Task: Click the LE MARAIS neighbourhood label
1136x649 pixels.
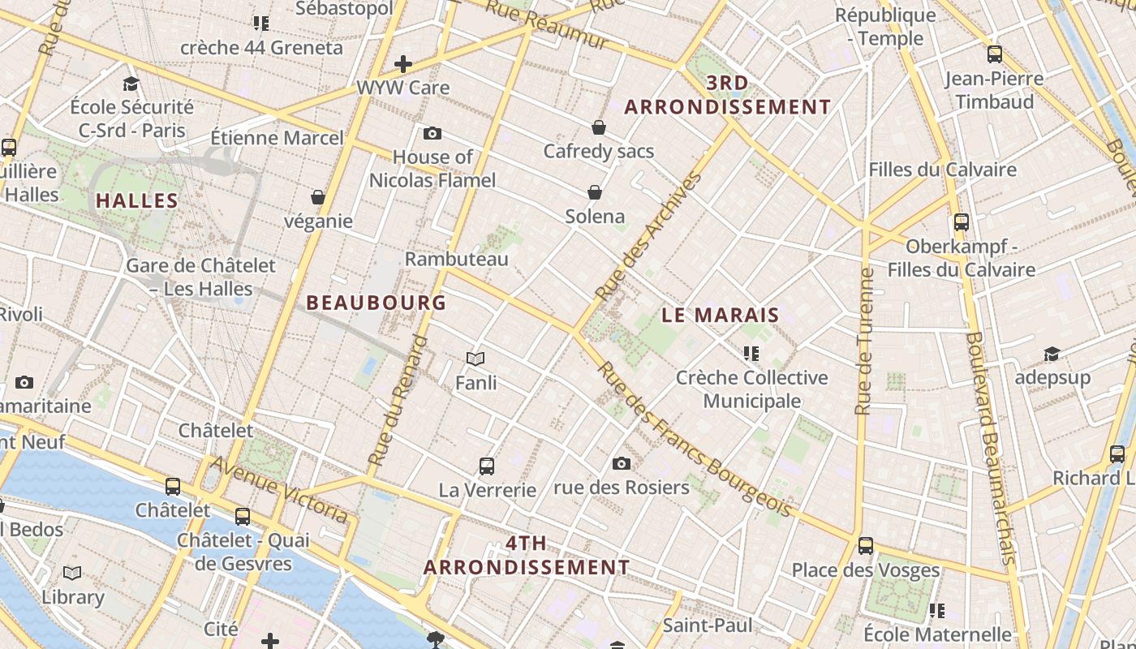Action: [721, 316]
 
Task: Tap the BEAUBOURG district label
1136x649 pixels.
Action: [377, 303]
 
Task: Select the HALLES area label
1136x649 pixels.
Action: [137, 201]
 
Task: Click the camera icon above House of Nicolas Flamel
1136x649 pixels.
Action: [432, 133]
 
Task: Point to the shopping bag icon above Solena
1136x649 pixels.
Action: [595, 192]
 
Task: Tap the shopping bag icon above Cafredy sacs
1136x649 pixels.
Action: [599, 127]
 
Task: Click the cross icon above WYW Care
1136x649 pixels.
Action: [403, 64]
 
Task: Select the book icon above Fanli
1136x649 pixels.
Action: [475, 359]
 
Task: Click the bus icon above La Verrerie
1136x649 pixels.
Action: [487, 466]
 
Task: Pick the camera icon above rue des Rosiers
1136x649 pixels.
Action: [622, 463]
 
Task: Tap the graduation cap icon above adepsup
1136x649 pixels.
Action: [1052, 355]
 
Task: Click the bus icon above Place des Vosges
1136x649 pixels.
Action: [866, 546]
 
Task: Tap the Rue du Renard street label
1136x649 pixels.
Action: [398, 401]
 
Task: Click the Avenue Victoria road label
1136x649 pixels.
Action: [281, 488]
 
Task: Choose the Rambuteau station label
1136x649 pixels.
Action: [456, 259]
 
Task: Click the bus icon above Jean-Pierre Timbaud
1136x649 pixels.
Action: [995, 54]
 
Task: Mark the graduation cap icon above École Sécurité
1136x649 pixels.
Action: [131, 84]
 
